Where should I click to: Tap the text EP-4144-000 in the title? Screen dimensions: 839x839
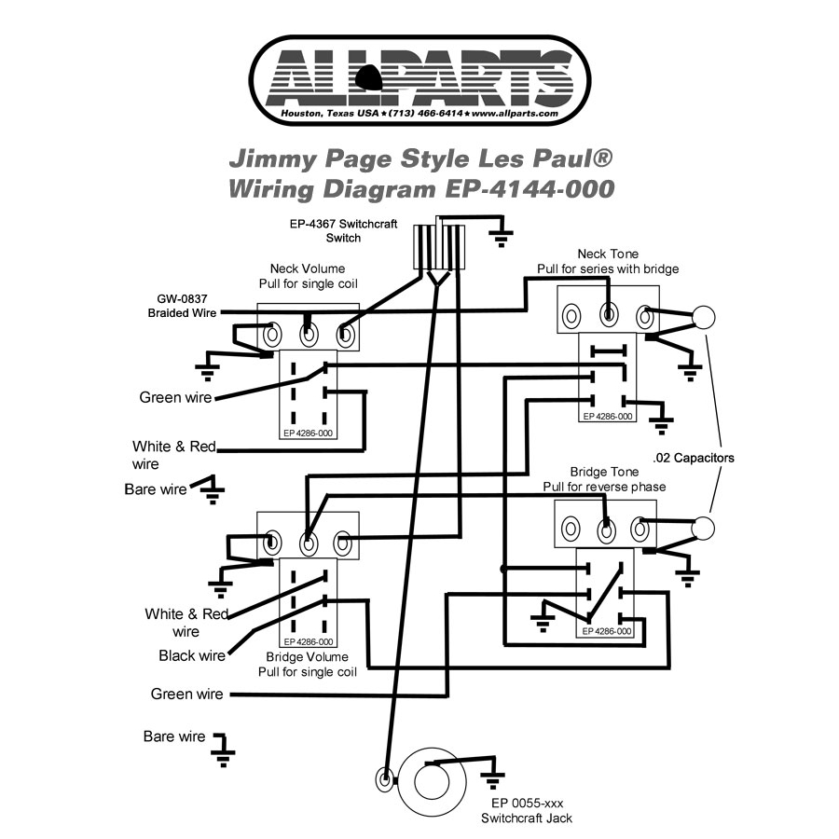pos(525,188)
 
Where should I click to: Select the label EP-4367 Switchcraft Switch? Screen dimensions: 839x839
pos(324,230)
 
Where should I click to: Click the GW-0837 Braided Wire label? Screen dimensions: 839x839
pos(182,306)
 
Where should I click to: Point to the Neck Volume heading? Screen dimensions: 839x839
pos(307,268)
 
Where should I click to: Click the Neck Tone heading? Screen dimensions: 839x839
pos(607,254)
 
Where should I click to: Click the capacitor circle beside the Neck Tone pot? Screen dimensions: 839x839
pos(705,317)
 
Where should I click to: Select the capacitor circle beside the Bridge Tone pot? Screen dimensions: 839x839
pos(705,528)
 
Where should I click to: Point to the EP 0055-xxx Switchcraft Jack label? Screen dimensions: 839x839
pos(527,810)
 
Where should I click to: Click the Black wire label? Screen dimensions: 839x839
pos(192,655)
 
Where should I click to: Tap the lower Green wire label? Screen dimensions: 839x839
pos(186,695)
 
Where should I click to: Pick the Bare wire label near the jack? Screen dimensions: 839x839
pos(173,736)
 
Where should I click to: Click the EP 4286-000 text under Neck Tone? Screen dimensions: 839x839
pos(608,416)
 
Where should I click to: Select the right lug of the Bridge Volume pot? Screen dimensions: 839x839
pos(343,541)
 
